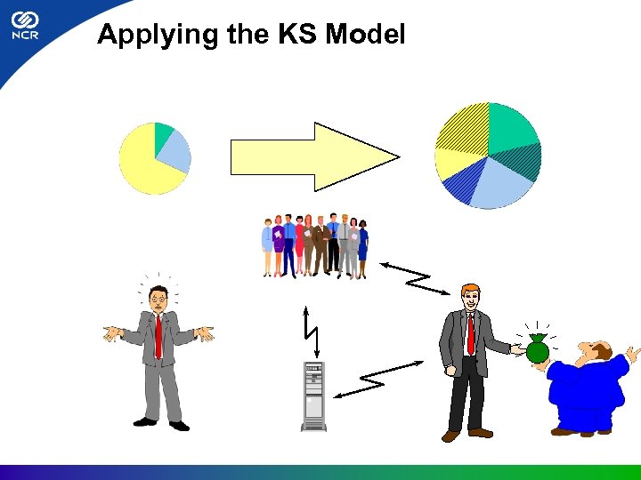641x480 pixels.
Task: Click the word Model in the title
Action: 366,35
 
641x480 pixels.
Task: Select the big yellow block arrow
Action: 312,156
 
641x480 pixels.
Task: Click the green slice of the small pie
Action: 163,134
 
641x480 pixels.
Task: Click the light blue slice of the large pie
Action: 503,184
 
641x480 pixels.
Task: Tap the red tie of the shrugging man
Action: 158,336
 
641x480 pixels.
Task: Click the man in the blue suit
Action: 588,387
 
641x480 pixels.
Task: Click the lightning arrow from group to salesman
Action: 417,277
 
